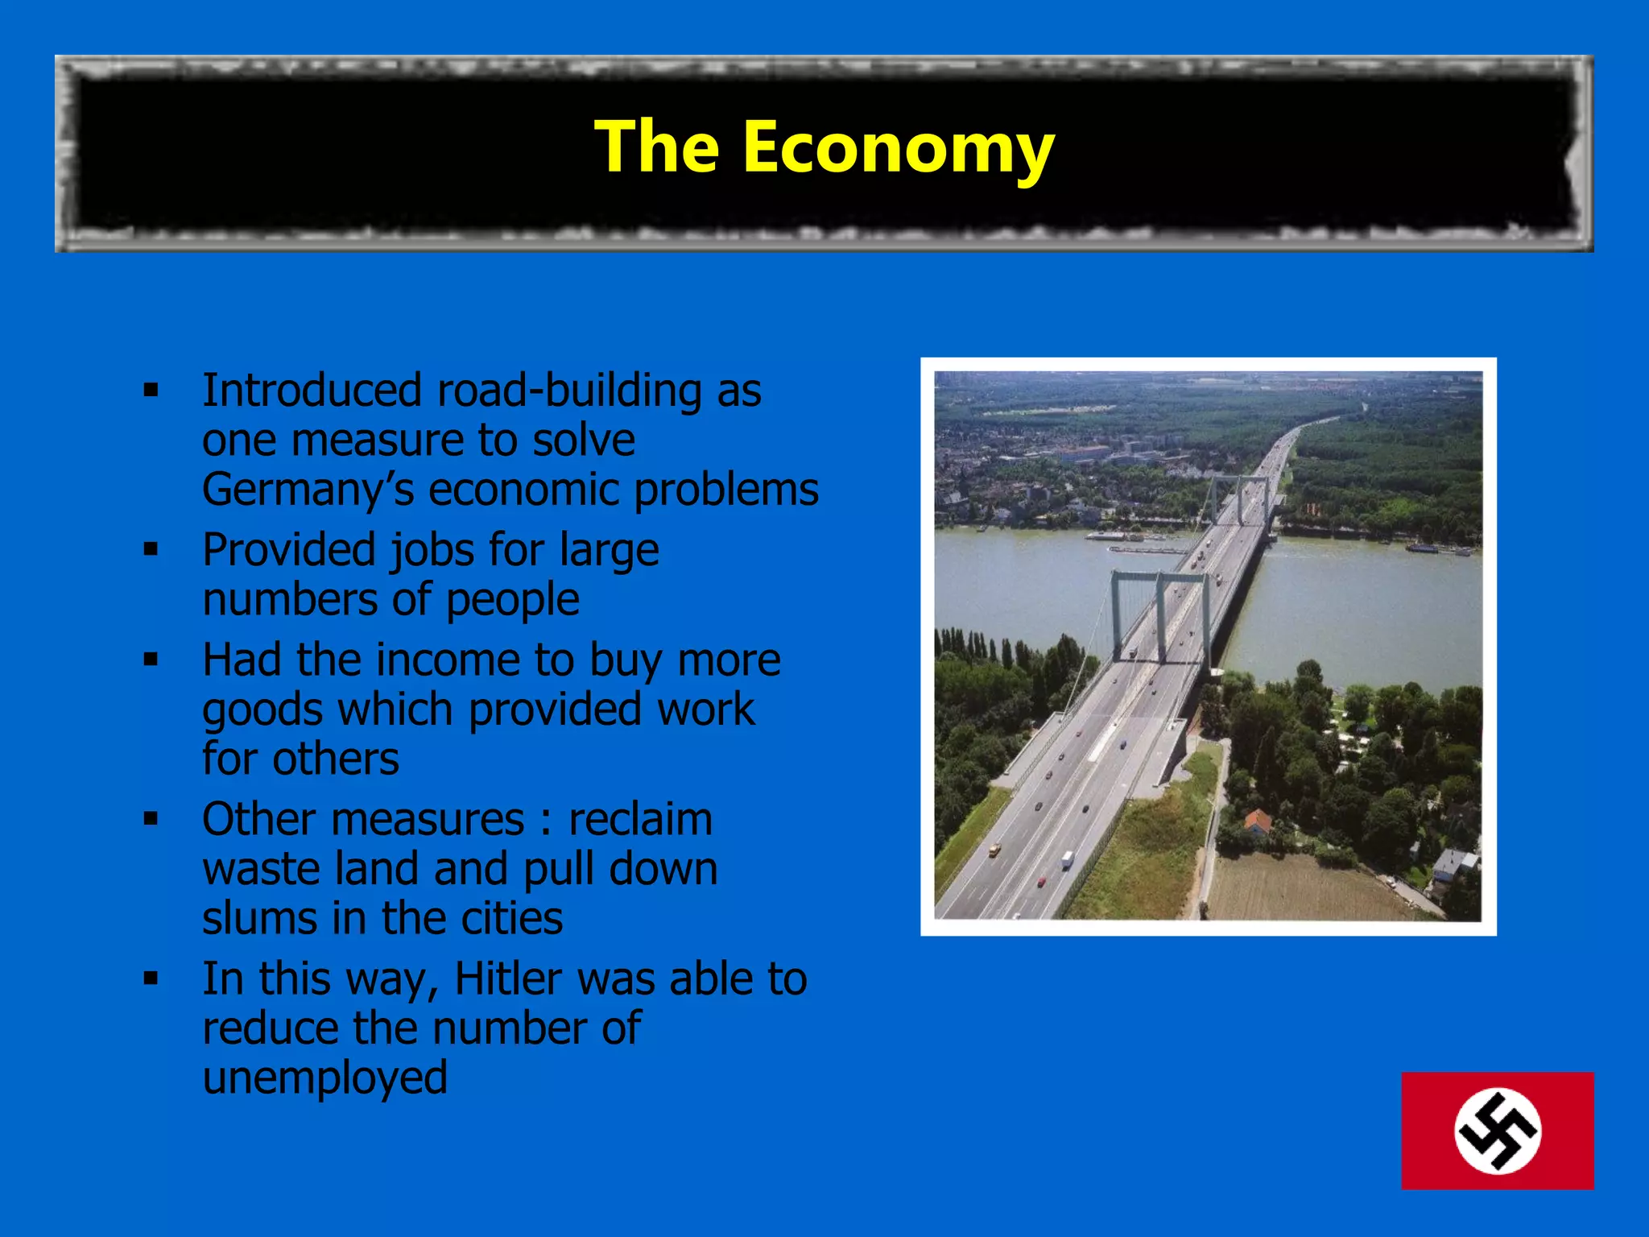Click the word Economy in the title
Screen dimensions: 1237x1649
898,148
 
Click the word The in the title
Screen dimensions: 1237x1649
656,147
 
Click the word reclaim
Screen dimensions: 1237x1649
640,820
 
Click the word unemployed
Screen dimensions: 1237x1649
324,1078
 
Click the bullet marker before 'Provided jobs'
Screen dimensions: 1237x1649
151,550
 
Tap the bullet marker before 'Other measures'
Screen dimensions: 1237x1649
151,819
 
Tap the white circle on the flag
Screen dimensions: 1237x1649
1497,1131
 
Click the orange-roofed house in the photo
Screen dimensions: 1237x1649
1258,821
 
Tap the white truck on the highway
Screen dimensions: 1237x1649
1067,860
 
